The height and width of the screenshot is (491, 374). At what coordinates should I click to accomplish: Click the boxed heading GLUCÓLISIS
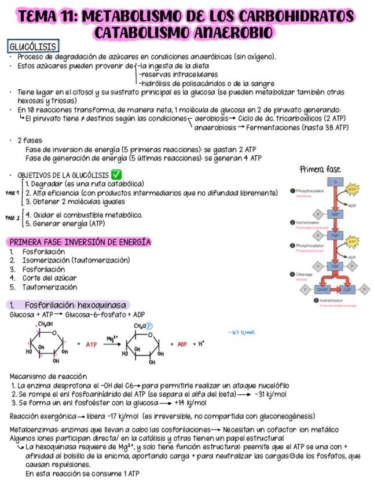coord(33,46)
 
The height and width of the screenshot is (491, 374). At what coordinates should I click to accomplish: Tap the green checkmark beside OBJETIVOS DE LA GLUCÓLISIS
coord(116,174)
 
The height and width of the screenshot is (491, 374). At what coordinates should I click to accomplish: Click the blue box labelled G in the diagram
coord(335,182)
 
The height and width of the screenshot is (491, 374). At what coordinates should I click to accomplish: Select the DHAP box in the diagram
coord(322,289)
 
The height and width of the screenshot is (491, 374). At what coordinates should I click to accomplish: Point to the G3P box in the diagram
coord(347,289)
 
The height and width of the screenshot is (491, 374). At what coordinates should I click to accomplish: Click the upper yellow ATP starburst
coord(352,189)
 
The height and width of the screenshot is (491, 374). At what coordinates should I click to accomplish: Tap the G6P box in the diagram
coord(335,214)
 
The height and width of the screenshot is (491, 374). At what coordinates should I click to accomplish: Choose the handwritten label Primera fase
coord(320,169)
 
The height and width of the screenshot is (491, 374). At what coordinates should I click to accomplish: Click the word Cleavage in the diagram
coord(305,274)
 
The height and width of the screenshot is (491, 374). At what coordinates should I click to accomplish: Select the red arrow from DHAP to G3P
coord(335,289)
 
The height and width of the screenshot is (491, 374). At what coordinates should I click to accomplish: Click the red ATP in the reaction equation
coord(91,344)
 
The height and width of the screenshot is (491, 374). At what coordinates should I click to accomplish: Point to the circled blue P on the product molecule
coord(148,327)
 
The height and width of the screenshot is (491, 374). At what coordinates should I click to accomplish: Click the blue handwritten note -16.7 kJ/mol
coord(242,332)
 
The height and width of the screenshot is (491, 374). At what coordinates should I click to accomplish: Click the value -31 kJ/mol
coord(270,394)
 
